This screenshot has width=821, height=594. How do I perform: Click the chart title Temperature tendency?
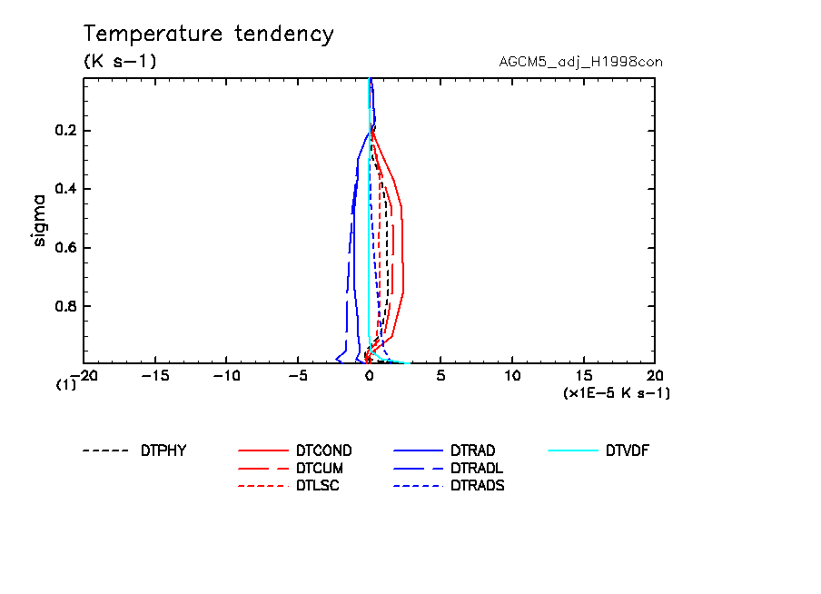tap(209, 35)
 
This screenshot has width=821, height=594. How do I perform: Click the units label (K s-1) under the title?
tap(120, 62)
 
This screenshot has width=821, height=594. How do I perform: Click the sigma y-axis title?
tap(39, 219)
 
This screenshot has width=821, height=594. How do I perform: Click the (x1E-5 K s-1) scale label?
tap(617, 392)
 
